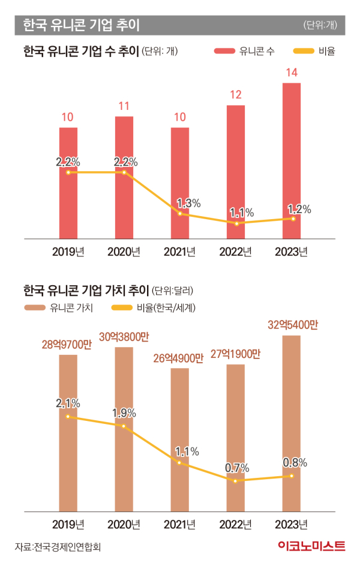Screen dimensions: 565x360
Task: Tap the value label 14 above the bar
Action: pos(292,73)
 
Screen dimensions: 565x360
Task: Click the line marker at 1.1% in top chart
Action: pos(236,224)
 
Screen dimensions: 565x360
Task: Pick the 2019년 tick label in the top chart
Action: pos(68,251)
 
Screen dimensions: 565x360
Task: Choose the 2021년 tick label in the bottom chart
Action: pos(180,524)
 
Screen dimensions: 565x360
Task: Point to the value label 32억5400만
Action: pos(292,325)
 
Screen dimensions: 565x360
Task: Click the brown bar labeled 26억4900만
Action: pos(180,439)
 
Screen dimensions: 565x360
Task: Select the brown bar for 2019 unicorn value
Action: pos(68,432)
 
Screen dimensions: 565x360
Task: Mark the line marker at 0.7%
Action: pos(236,480)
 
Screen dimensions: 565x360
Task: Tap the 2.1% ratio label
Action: pos(68,403)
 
